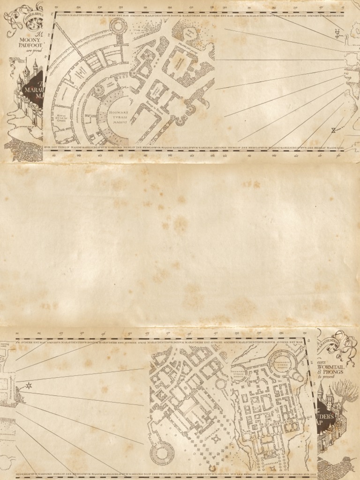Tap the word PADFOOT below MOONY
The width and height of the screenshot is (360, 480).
point(30,46)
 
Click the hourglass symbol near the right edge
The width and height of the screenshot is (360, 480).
point(333,131)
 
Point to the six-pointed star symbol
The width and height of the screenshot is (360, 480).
point(29,385)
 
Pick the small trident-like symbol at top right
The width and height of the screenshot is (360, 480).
point(336,32)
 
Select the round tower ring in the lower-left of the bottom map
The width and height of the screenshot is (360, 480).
point(162,453)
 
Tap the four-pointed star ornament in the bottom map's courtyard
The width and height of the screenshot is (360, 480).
point(216,439)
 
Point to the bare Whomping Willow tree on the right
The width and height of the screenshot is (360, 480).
point(346,392)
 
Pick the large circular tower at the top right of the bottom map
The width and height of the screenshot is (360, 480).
point(283,361)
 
